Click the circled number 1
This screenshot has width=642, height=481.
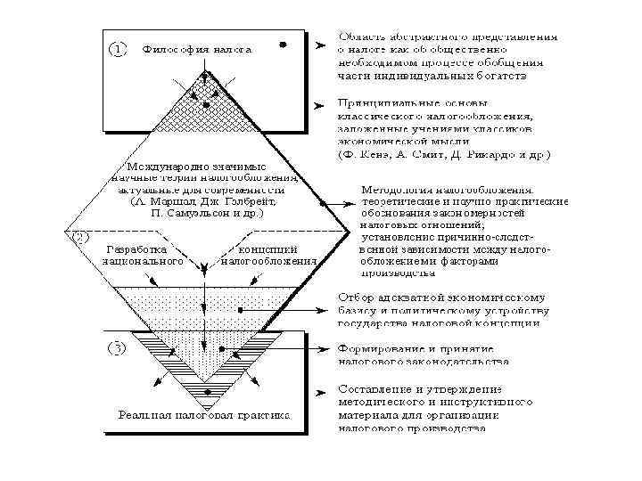117,49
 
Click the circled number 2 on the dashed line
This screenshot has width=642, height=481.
79,238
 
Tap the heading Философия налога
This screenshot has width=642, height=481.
197,50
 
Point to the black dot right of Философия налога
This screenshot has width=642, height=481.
282,44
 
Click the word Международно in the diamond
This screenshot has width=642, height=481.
167,166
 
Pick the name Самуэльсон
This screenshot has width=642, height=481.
205,214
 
